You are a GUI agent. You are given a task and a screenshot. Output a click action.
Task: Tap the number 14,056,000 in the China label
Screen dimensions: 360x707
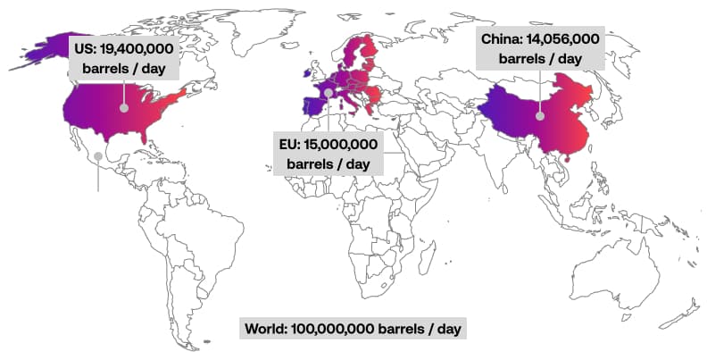click(x=565, y=39)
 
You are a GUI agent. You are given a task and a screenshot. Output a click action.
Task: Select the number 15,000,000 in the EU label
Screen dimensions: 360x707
click(x=340, y=145)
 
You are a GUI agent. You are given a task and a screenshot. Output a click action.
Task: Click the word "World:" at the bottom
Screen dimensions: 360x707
click(x=266, y=329)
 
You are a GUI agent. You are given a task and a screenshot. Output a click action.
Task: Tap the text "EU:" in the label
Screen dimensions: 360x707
click(x=291, y=145)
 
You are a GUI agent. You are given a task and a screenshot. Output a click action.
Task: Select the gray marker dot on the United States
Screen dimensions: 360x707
click(x=124, y=107)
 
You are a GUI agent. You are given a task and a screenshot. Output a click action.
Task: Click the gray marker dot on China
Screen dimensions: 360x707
click(x=539, y=114)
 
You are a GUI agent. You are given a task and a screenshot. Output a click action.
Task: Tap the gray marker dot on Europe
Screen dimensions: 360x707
click(x=329, y=92)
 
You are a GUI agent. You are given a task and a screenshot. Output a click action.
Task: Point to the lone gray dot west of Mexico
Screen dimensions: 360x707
click(x=98, y=156)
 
